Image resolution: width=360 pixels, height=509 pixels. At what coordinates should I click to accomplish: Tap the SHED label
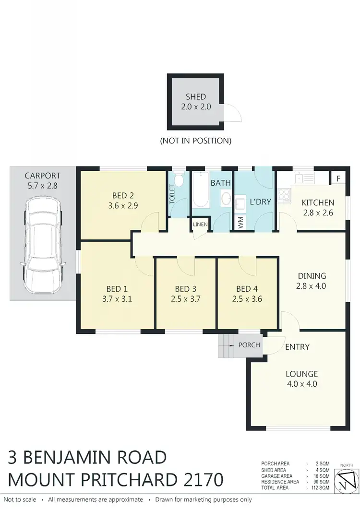(x=196, y=97)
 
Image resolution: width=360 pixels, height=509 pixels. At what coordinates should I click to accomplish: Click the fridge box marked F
(x=338, y=178)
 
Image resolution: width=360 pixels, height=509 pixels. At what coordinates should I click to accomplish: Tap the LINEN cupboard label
(x=200, y=224)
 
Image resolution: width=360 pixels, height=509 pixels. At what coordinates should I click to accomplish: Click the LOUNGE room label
(x=301, y=374)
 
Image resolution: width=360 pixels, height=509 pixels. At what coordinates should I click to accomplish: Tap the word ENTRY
(x=298, y=347)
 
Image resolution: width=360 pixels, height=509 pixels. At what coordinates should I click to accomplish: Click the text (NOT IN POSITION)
(x=195, y=141)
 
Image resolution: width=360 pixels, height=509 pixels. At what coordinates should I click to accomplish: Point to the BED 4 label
(x=247, y=289)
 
